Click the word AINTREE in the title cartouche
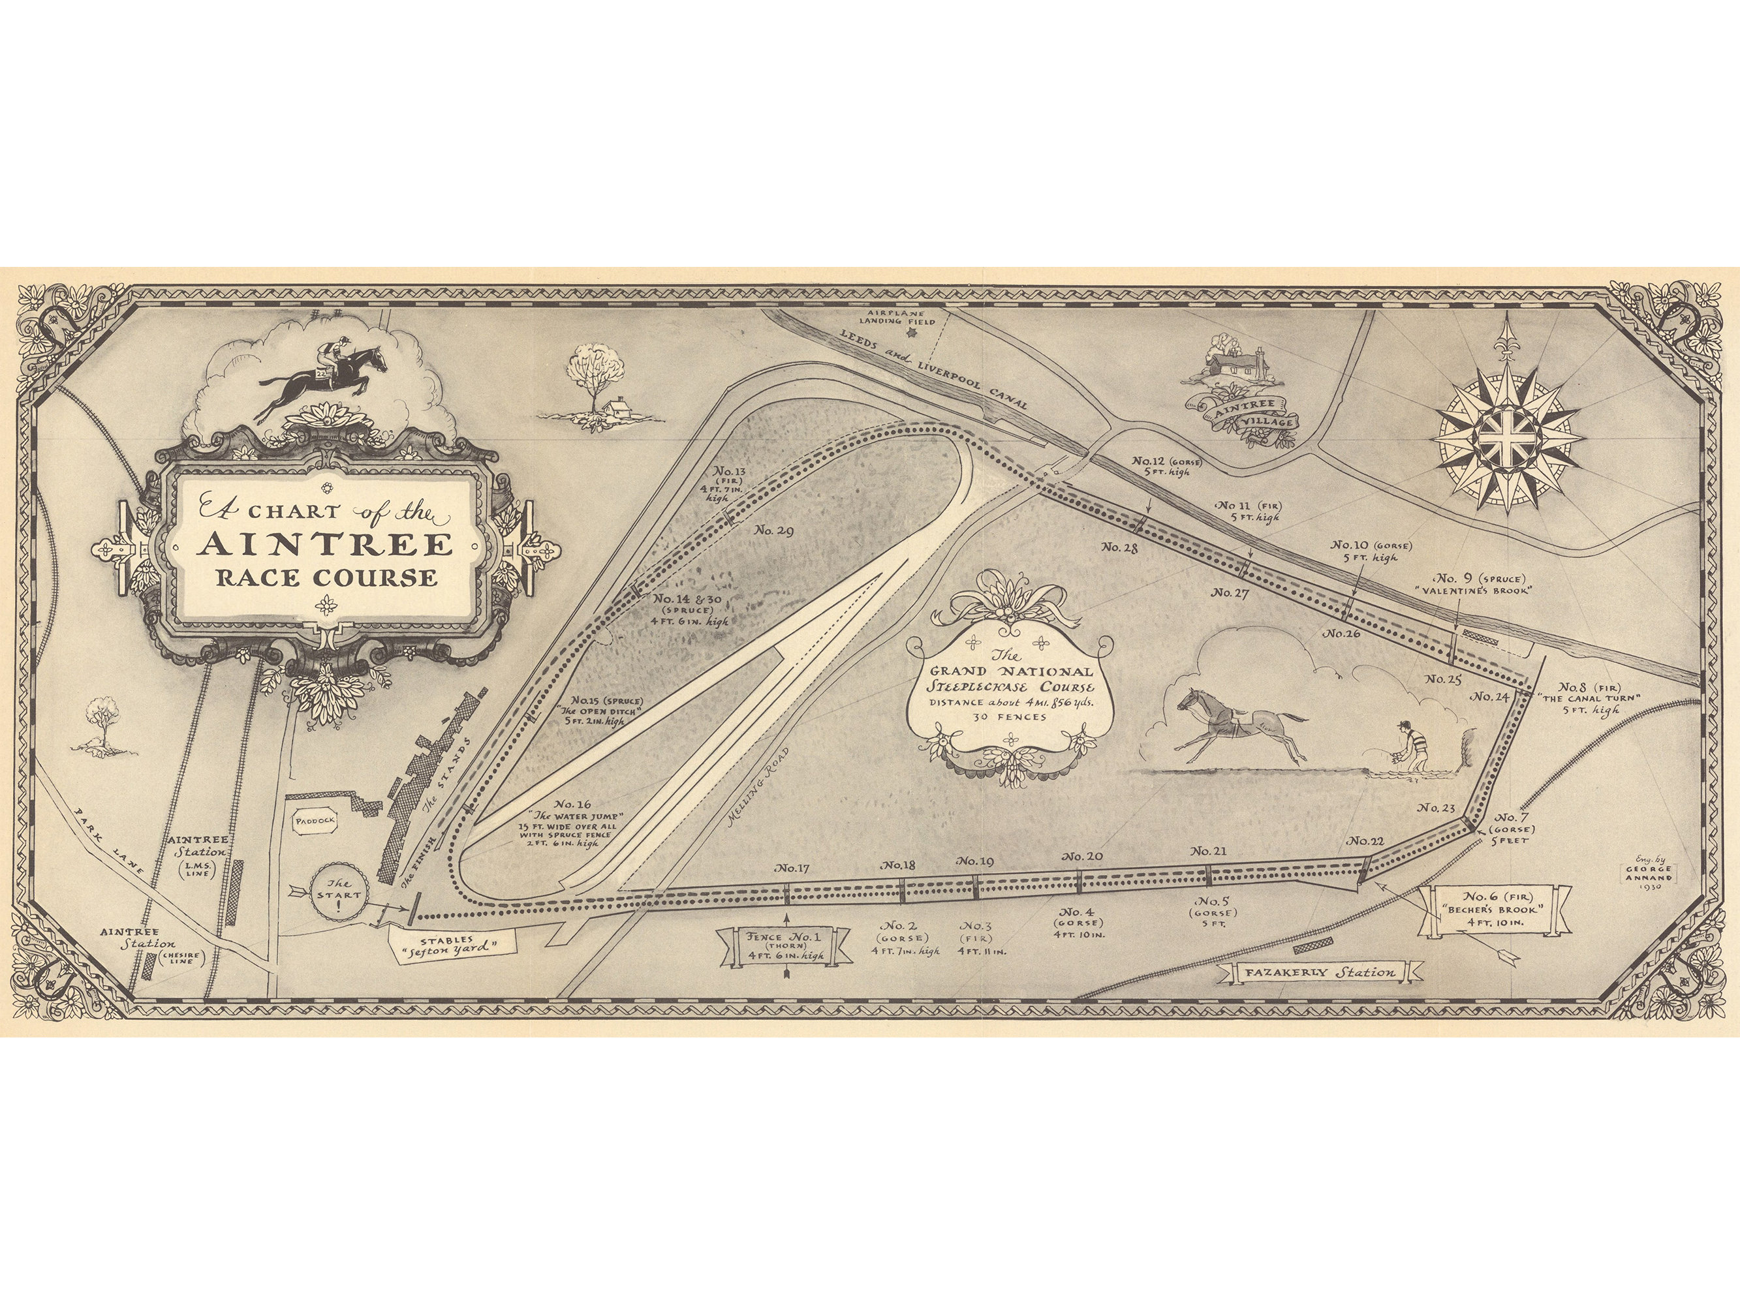click(326, 544)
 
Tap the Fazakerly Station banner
click(1320, 972)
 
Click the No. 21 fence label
click(1208, 851)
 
